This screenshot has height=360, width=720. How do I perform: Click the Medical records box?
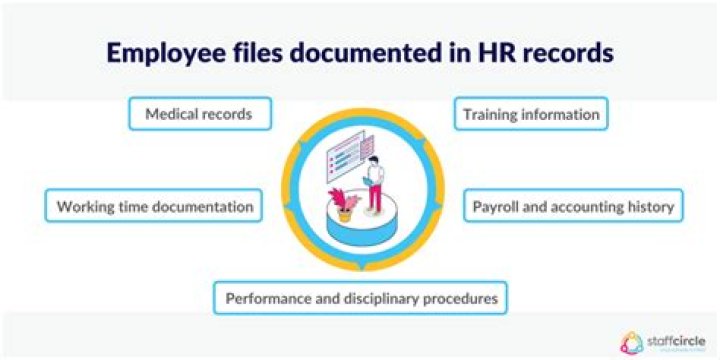pyautogui.click(x=201, y=115)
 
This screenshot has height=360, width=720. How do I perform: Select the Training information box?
pyautogui.click(x=531, y=115)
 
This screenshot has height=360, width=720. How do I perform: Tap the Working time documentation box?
pyautogui.click(x=154, y=207)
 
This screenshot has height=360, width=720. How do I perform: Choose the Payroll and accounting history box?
pyautogui.click(x=574, y=207)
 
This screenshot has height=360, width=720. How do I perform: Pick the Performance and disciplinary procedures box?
pyautogui.click(x=360, y=298)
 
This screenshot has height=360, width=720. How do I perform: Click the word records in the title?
pyautogui.click(x=571, y=52)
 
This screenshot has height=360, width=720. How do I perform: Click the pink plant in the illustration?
pyautogui.click(x=343, y=192)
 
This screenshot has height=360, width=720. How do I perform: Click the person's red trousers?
pyautogui.click(x=374, y=198)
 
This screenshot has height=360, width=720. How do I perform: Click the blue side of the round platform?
pyautogui.click(x=360, y=233)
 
